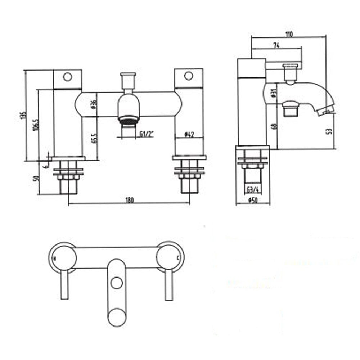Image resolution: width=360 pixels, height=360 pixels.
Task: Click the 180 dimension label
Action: (x=130, y=201)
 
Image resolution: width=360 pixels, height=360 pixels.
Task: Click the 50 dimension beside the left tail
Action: (x=35, y=178)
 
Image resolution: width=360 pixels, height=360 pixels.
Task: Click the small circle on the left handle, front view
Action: (x=67, y=76)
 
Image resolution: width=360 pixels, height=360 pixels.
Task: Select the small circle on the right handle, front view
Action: (x=188, y=76)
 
